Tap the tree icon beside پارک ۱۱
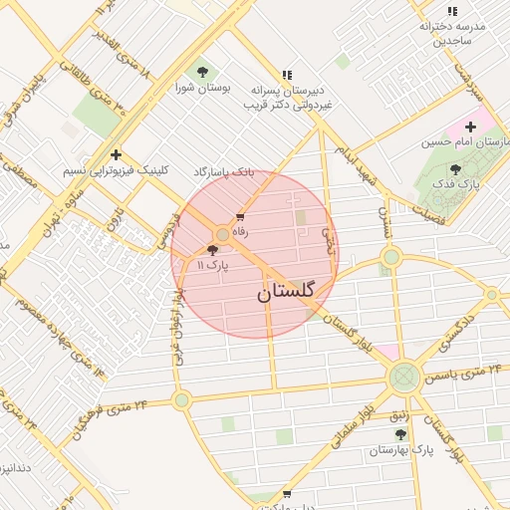point(213,251)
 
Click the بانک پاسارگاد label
point(224,172)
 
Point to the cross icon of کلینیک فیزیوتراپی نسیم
point(117,154)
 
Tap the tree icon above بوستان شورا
point(203,72)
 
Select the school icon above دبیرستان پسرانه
point(287,74)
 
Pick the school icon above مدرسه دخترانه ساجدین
point(452,11)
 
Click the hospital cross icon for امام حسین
point(470,127)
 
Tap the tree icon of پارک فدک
point(455,169)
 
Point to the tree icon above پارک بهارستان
point(400,434)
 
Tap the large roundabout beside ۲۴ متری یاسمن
point(404,377)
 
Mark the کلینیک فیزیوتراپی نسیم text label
point(117,171)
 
